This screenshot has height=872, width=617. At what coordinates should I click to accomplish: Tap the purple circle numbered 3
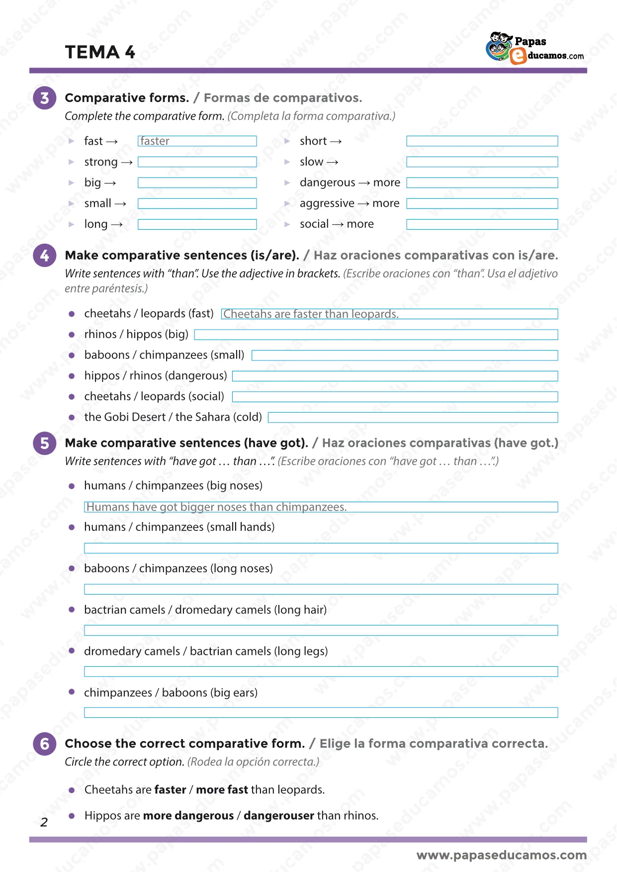click(45, 98)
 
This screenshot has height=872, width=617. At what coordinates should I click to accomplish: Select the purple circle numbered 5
click(45, 443)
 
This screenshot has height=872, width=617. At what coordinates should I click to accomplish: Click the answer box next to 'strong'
click(197, 162)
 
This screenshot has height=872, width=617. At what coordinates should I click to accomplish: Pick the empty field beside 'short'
click(482, 141)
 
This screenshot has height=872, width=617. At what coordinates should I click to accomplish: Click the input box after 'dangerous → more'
click(482, 183)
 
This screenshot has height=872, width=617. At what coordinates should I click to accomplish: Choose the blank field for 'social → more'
click(482, 224)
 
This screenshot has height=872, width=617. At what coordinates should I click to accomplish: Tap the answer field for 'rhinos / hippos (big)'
click(376, 335)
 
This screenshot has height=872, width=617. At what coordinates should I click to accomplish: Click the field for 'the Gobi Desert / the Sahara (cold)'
click(413, 418)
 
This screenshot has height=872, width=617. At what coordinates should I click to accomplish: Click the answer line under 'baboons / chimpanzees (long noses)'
click(321, 590)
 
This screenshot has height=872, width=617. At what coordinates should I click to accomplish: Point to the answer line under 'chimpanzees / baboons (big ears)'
click(321, 713)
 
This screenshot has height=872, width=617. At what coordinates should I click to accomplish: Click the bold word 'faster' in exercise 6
click(170, 790)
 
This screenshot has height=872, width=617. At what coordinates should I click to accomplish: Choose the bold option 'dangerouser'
click(278, 816)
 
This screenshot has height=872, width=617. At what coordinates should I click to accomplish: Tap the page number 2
click(44, 822)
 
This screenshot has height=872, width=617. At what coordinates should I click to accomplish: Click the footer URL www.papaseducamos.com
click(501, 855)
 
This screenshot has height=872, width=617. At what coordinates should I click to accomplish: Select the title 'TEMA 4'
click(100, 52)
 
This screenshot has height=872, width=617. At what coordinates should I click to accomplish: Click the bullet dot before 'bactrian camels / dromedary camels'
click(72, 610)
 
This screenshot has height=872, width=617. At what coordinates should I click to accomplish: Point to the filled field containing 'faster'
click(197, 141)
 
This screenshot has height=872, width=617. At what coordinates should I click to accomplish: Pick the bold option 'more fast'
click(222, 790)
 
